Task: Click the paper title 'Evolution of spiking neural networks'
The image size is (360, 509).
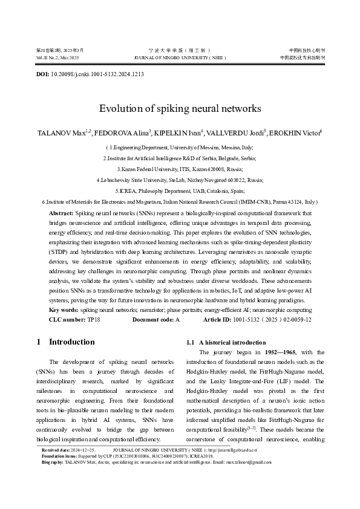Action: coord(180,109)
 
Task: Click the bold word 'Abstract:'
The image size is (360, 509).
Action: coord(61,213)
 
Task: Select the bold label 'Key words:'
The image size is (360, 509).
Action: coord(64,310)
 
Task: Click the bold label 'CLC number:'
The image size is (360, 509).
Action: coord(67,319)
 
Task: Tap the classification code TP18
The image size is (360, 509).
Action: coord(94,319)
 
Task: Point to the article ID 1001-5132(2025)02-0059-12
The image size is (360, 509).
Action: coord(278,319)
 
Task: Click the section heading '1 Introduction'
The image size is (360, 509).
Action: coord(66,342)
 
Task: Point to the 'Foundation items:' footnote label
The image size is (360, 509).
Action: coord(59,456)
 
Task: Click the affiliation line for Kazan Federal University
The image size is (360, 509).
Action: coord(180,169)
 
